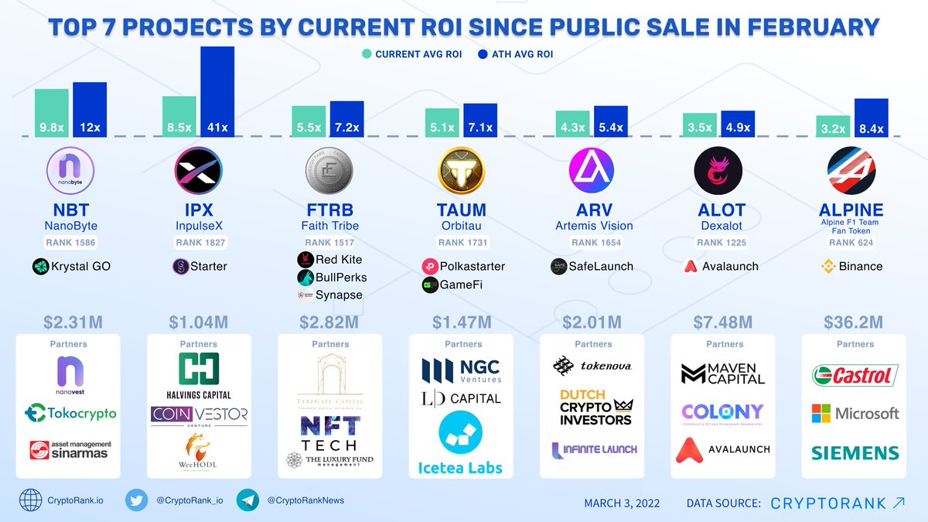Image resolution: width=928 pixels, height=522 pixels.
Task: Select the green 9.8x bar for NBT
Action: point(51,113)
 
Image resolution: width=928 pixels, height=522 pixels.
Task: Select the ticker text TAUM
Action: point(462,210)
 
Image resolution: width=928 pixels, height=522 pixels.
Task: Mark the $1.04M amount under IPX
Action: point(199,321)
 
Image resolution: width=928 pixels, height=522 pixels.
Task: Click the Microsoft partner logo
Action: point(855,414)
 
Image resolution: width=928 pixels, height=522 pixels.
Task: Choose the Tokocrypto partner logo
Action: point(70,413)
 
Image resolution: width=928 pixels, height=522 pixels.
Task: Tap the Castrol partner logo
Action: point(855,377)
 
